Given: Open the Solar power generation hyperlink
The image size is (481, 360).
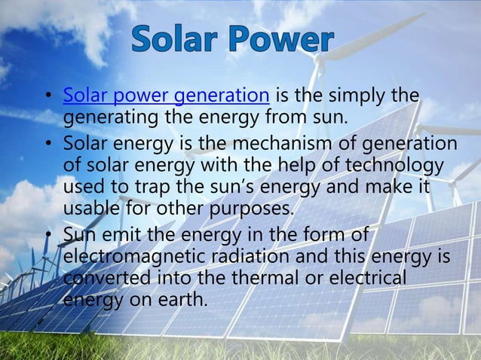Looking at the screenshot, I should [x=166, y=96].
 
